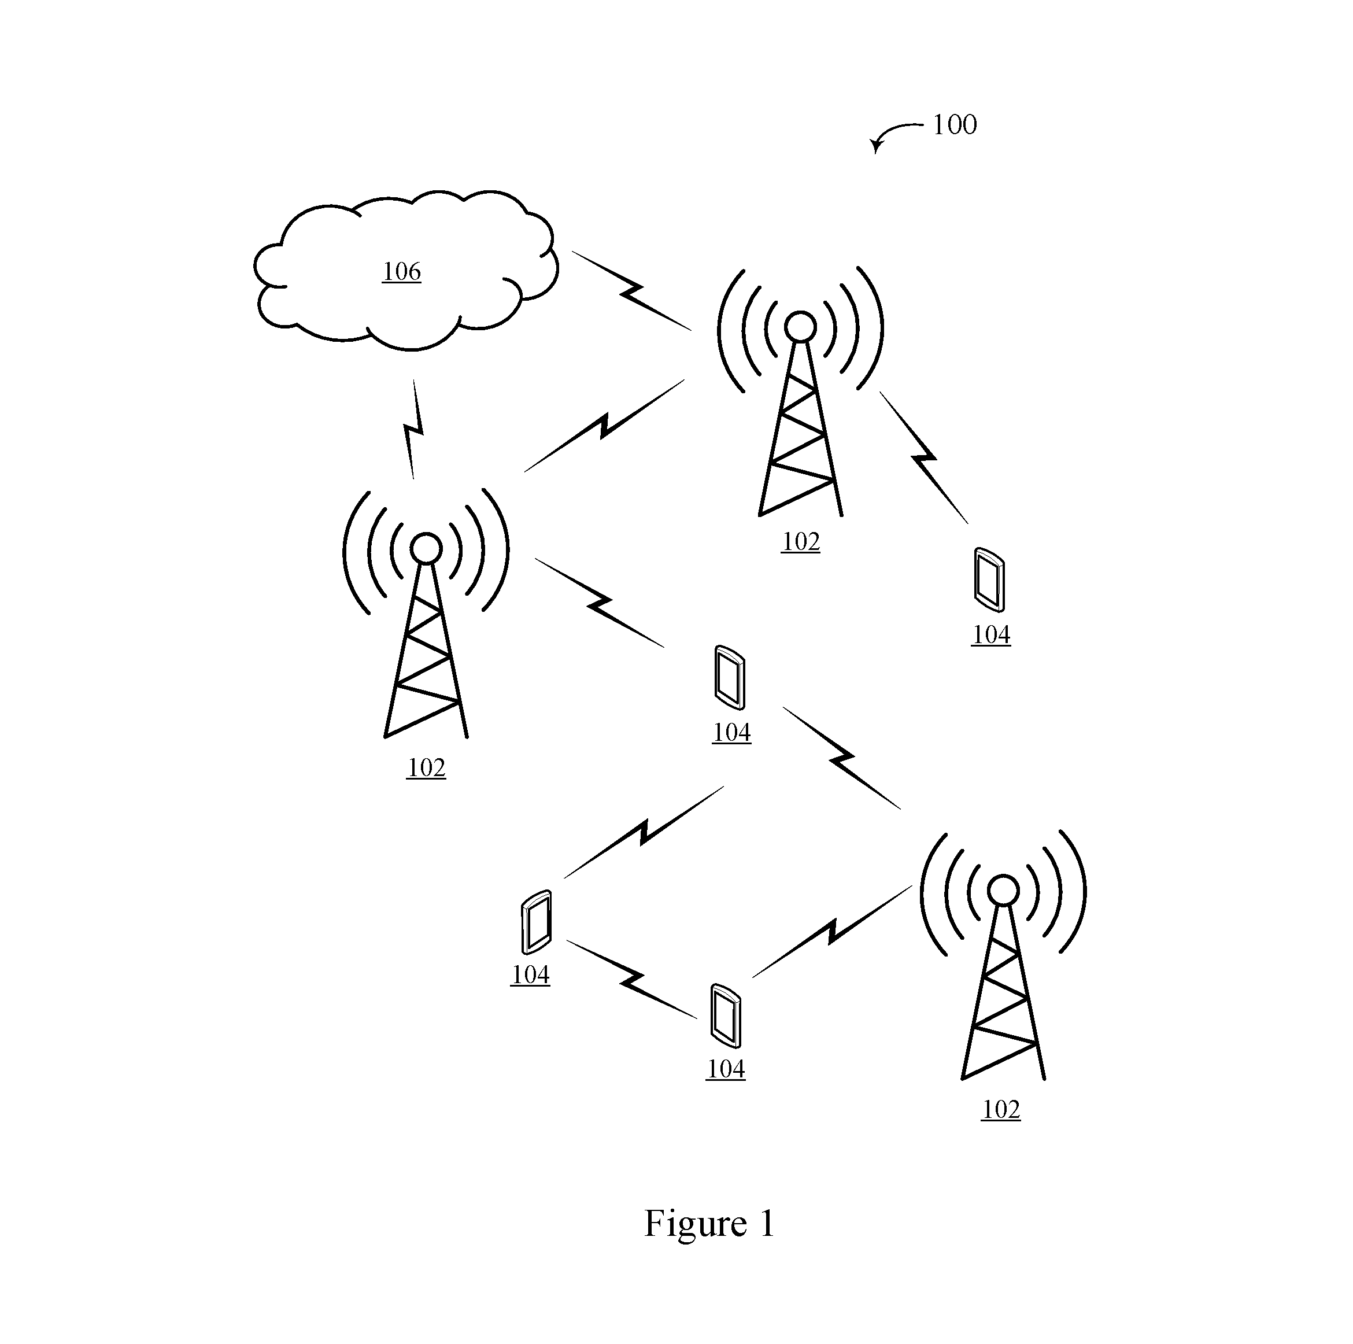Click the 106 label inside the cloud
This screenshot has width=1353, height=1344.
point(402,272)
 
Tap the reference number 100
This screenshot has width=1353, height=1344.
point(955,125)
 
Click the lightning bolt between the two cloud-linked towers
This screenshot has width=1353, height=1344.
point(604,425)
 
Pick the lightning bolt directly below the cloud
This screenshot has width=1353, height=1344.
point(414,429)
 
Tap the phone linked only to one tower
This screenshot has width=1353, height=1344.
point(989,580)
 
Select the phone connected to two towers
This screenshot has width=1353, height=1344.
point(729,677)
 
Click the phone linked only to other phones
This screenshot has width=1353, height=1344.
point(537,922)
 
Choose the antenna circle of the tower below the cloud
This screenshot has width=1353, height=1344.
point(426,548)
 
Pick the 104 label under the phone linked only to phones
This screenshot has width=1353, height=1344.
point(530,975)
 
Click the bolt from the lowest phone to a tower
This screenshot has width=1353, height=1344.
point(832,932)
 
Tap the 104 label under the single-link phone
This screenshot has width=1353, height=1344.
point(991,634)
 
